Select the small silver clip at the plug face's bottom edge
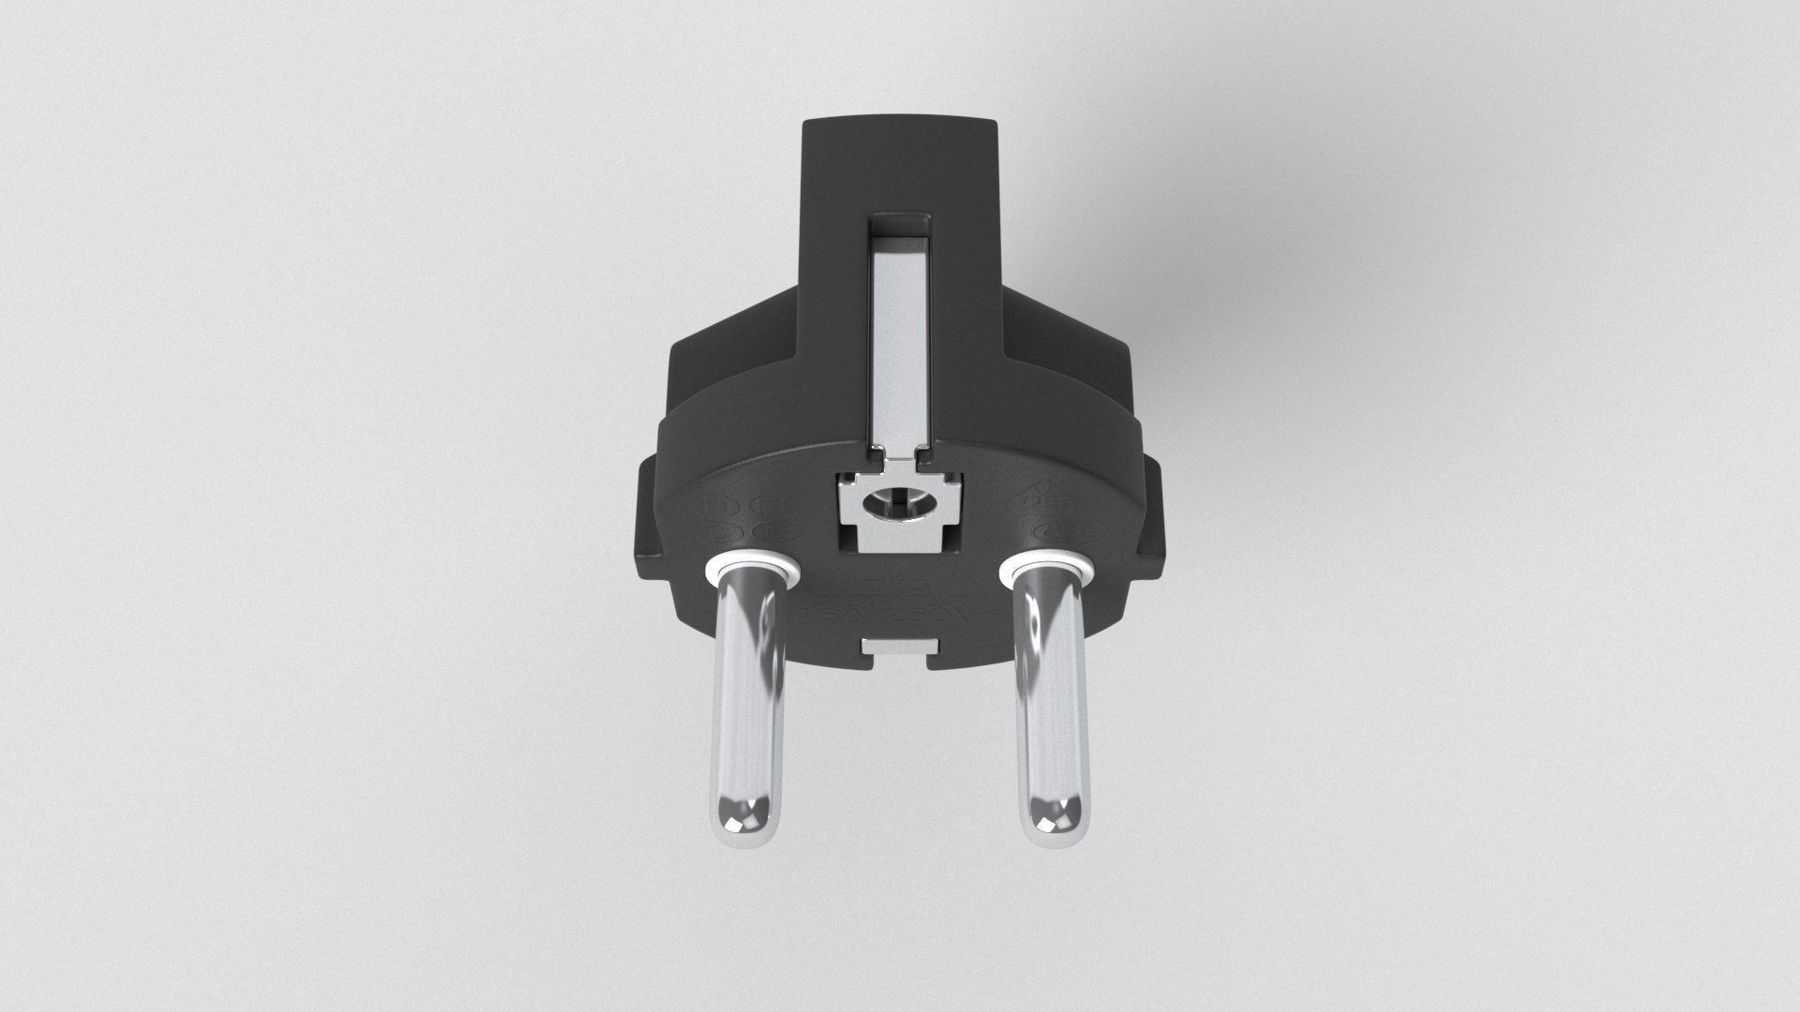point(899,646)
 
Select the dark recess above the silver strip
point(899,225)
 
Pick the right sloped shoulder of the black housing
point(1069,347)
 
